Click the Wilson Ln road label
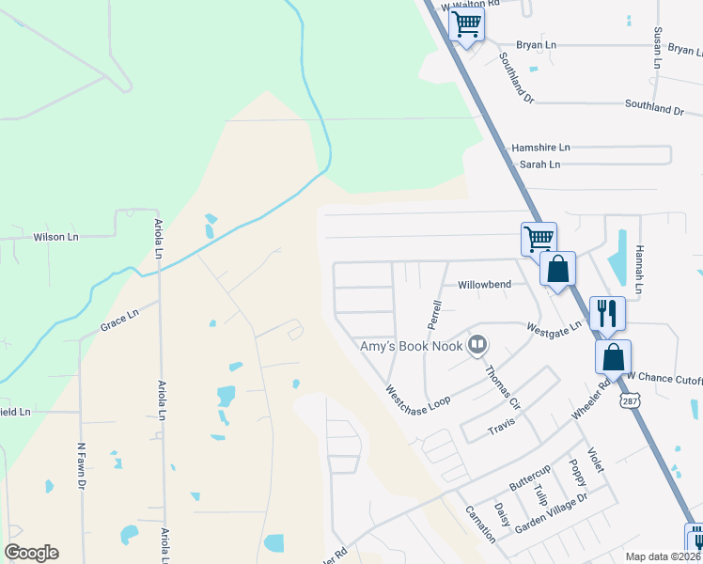[56, 237]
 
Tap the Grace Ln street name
[119, 321]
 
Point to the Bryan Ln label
[537, 44]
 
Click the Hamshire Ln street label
[540, 148]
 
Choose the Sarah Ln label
[539, 164]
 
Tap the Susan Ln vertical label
[658, 47]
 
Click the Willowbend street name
[484, 284]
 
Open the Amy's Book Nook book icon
[478, 346]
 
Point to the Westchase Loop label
[417, 395]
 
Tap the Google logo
[31, 553]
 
